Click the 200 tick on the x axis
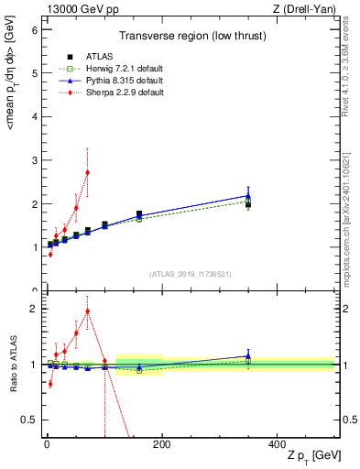[x=161, y=443]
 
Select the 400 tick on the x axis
[x=277, y=443]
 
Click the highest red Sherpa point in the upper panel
[x=87, y=172]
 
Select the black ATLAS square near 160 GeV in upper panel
[x=139, y=214]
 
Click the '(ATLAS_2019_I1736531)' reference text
[x=190, y=274]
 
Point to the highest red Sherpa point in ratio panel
[x=87, y=311]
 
